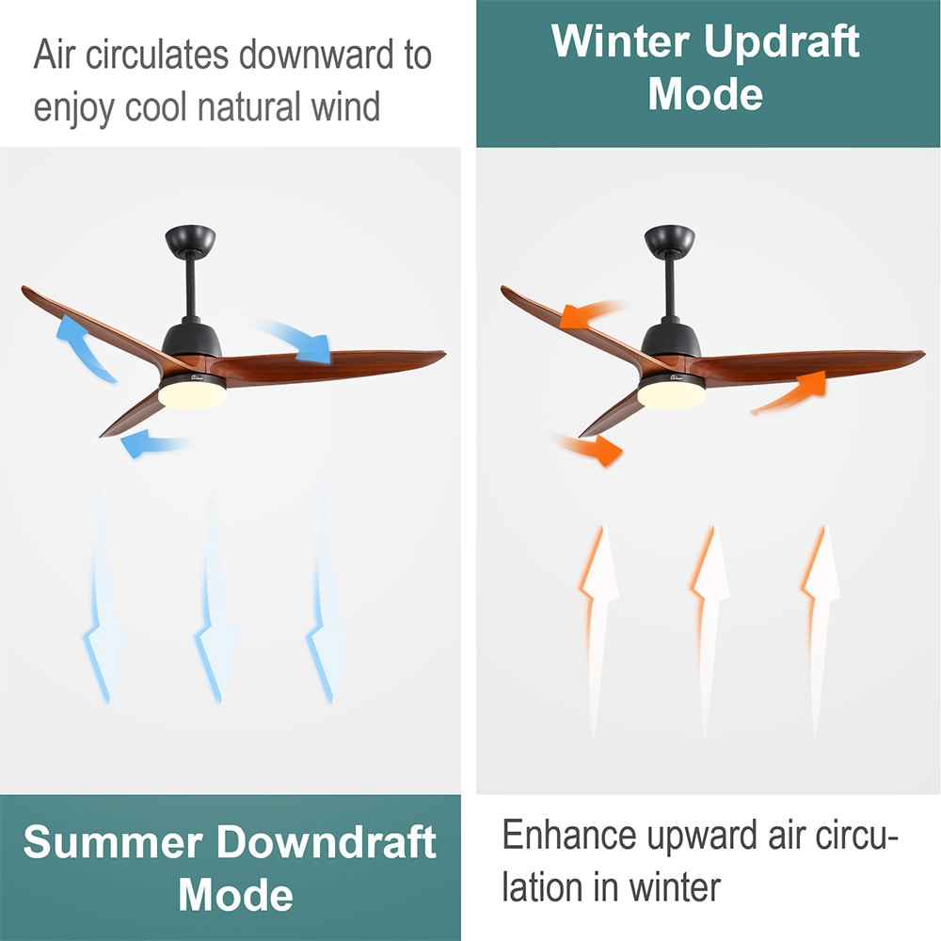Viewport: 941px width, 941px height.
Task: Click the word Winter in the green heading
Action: tap(620, 41)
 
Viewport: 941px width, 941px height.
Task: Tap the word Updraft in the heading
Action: tap(782, 43)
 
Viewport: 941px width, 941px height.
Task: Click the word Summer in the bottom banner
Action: tap(113, 842)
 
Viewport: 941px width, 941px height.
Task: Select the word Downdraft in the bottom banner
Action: tap(326, 842)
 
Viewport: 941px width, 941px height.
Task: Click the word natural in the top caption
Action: tap(248, 107)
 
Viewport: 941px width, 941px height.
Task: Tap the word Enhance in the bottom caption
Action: tap(569, 835)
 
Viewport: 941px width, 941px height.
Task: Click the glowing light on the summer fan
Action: tap(192, 395)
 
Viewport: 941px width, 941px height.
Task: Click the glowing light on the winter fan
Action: tap(672, 395)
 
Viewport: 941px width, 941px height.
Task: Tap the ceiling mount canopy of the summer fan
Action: tap(190, 241)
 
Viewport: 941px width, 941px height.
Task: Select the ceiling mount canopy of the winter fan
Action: tap(670, 241)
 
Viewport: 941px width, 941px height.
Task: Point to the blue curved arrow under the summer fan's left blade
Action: tap(150, 443)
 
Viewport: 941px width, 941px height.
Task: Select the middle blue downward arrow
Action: tap(215, 594)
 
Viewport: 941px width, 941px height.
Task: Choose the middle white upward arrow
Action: tap(710, 630)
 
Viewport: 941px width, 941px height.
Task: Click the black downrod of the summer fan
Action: tap(191, 289)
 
